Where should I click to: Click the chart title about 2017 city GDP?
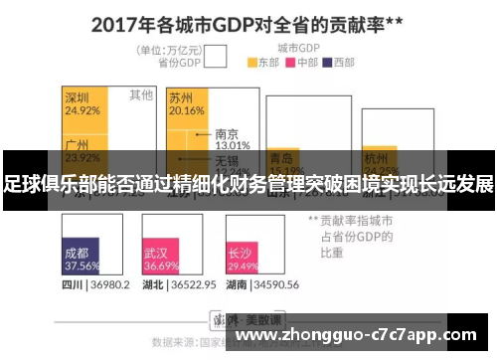tap(248, 22)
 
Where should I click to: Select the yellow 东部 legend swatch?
tap(251, 62)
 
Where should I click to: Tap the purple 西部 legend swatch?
tap(331, 62)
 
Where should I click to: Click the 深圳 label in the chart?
tap(78, 97)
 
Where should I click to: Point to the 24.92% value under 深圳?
tap(82, 110)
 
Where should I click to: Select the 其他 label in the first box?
tap(141, 95)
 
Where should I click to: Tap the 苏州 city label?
tap(181, 97)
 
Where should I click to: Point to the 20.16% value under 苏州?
tap(186, 110)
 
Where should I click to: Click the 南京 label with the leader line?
tap(227, 133)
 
